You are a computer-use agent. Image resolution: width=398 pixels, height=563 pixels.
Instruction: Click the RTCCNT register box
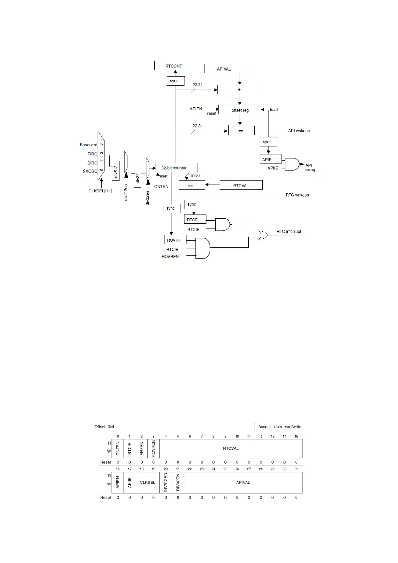[x=175, y=66]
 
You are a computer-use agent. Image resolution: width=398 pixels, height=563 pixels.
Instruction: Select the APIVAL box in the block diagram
[x=226, y=69]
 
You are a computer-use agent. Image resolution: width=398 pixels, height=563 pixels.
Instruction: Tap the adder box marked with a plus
[x=239, y=90]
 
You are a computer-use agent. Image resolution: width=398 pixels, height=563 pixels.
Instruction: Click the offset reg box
[x=240, y=110]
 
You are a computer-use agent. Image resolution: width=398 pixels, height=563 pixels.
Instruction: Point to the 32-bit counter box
[x=176, y=168]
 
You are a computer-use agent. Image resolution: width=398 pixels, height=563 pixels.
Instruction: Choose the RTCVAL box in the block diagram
[x=241, y=186]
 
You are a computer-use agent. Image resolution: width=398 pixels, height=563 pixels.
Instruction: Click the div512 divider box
[x=116, y=171]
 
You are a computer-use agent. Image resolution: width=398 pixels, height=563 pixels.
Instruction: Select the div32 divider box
[x=137, y=178]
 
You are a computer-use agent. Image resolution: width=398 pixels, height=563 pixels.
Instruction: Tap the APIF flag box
[x=270, y=159]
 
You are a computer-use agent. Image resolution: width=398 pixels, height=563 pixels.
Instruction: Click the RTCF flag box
[x=195, y=220]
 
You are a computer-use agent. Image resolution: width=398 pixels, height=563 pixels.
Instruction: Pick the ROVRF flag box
[x=175, y=240]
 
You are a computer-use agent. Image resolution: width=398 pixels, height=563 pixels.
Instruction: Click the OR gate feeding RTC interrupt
[x=262, y=235]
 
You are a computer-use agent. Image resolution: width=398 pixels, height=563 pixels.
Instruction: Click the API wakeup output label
[x=299, y=131]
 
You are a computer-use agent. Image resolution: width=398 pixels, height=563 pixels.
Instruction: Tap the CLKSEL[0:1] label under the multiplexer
[x=100, y=191]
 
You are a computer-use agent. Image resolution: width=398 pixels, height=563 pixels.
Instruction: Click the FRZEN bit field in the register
[x=142, y=449]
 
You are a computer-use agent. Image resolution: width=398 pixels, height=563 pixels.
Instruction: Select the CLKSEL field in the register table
[x=147, y=482]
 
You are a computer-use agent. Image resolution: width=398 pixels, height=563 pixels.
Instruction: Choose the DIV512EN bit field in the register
[x=166, y=482]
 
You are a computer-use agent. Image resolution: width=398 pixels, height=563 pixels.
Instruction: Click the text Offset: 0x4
[x=104, y=427]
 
